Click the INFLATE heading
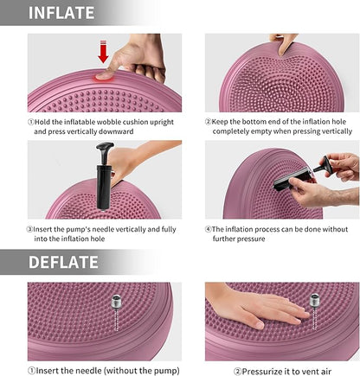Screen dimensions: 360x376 pyautogui.click(x=61, y=13)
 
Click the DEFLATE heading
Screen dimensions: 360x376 pyautogui.click(x=63, y=262)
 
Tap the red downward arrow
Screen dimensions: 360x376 pyautogui.click(x=103, y=52)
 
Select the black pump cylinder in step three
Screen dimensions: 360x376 pyautogui.click(x=103, y=188)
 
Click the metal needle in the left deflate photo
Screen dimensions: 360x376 pyautogui.click(x=116, y=312)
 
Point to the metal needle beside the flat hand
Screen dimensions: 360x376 pyautogui.click(x=314, y=311)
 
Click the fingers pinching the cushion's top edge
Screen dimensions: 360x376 pyautogui.click(x=284, y=44)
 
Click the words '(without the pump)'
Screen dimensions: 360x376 pyautogui.click(x=143, y=371)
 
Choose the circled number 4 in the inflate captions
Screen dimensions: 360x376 pyautogui.click(x=209, y=229)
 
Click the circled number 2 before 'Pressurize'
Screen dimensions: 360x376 pyautogui.click(x=238, y=372)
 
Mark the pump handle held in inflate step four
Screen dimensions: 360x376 pyautogui.click(x=321, y=165)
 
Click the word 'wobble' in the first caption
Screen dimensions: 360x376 pyautogui.click(x=107, y=122)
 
